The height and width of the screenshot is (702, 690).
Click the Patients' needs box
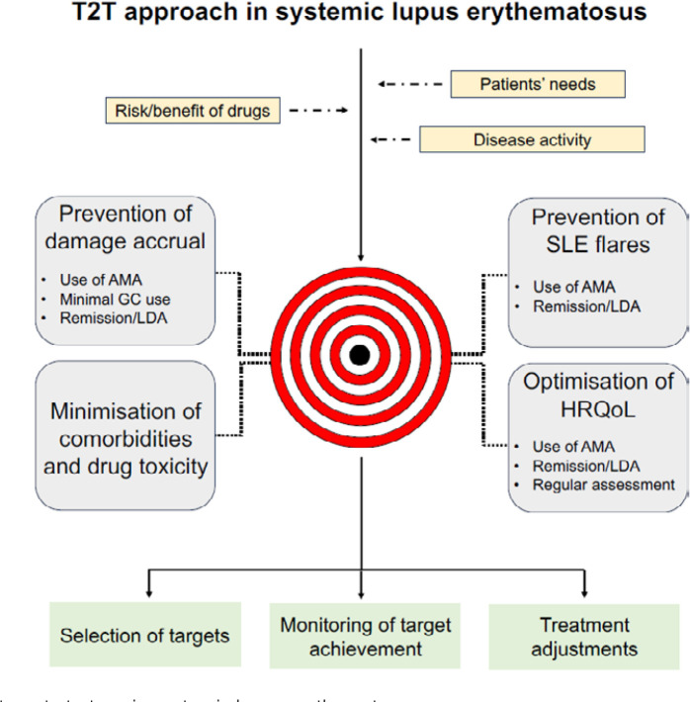[538, 84]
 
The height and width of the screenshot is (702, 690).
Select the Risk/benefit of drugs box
[191, 111]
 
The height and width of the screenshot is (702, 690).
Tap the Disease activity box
[532, 138]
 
